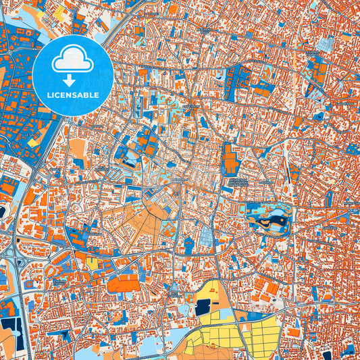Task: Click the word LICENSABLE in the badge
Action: point(72,95)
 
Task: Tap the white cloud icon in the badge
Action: point(72,61)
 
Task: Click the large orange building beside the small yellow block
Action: point(129,283)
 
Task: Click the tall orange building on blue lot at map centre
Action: point(230,161)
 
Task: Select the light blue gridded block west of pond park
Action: point(206,236)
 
